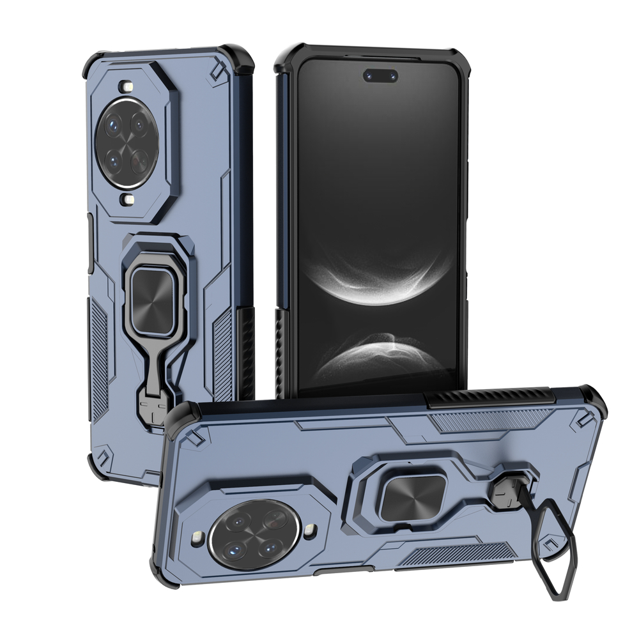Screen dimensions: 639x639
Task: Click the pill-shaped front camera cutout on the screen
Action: pyautogui.click(x=381, y=76)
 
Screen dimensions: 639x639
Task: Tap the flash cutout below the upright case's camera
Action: pyautogui.click(x=130, y=200)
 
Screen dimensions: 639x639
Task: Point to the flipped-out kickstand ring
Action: pyautogui.click(x=550, y=550)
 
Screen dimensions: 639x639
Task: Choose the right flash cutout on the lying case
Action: pyautogui.click(x=311, y=530)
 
